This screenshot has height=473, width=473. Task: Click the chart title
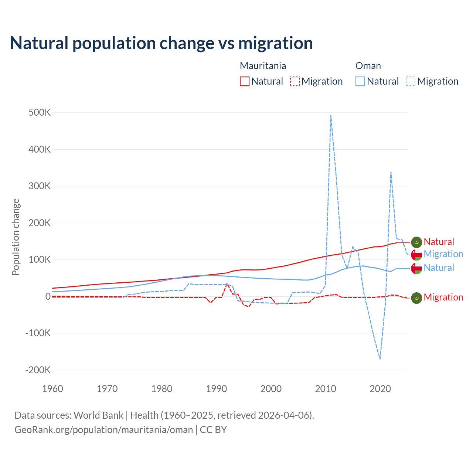[x=161, y=43]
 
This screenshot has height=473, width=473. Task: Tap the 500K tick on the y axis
[x=40, y=112]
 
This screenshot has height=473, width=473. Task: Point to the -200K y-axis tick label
[x=38, y=370]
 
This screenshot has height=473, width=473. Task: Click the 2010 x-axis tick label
[x=326, y=389]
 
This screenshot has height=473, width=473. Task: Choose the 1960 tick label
[x=52, y=389]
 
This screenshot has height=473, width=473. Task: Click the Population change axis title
[x=16, y=237]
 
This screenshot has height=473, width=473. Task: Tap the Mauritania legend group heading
[x=263, y=66]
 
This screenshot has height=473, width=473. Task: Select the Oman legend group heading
[x=368, y=66]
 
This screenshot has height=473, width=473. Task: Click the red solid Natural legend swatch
[x=245, y=81]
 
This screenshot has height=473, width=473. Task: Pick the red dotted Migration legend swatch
[x=295, y=81]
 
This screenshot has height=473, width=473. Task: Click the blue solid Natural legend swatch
[x=360, y=81]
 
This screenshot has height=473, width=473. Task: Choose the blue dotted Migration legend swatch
[x=411, y=81]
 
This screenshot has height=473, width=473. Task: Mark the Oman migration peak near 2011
[x=331, y=115]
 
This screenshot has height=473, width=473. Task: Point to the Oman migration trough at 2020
[x=380, y=359]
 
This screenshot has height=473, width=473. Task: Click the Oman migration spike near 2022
[x=391, y=172]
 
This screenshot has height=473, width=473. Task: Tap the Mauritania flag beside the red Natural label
[x=416, y=242]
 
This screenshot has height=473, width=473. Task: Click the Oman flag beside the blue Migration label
[x=416, y=254]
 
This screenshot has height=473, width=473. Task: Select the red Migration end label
[x=443, y=297]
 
